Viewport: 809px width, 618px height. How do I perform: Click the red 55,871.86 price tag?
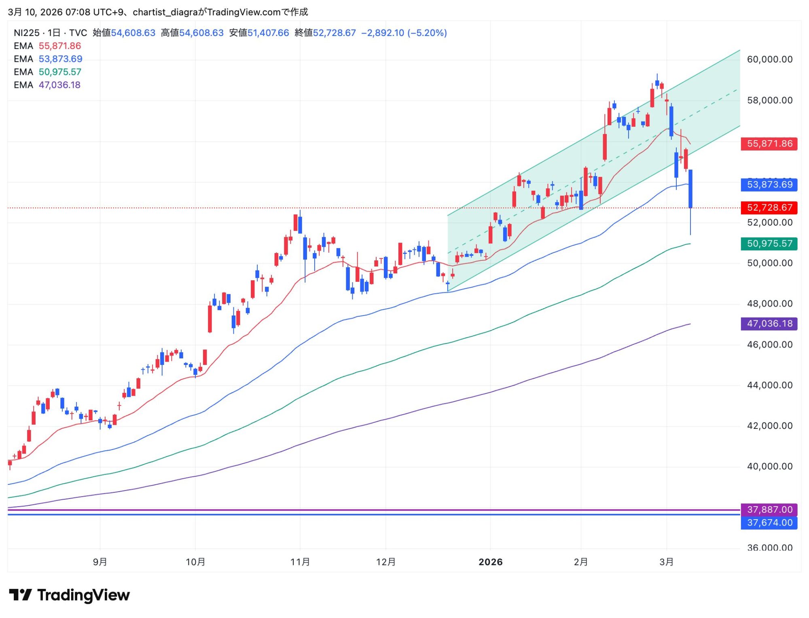[769, 144]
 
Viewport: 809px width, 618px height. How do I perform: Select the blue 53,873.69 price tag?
[769, 185]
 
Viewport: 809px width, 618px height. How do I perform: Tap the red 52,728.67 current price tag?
[769, 208]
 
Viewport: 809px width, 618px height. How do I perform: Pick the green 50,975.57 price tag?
[769, 244]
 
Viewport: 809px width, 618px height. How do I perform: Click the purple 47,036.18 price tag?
[769, 324]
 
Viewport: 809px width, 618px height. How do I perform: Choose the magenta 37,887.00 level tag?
[769, 509]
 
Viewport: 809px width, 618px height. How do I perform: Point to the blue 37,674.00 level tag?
[769, 523]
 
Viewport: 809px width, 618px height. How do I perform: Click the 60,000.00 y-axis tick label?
[769, 60]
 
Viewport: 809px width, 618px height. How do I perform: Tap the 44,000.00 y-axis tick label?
[769, 385]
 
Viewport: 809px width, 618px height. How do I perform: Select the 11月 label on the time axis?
[300, 562]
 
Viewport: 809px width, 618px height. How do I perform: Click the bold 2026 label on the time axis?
[490, 562]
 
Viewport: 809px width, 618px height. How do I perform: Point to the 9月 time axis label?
[100, 562]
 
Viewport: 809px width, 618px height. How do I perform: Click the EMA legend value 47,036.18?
[59, 85]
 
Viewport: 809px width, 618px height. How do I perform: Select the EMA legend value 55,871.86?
[59, 46]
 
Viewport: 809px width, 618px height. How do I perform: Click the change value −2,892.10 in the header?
[382, 33]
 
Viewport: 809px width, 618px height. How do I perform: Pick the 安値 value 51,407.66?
[268, 33]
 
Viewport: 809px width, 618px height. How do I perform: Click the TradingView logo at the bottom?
[69, 595]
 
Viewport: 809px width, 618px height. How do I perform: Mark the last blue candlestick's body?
[690, 189]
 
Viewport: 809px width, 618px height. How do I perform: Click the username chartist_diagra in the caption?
[165, 12]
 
